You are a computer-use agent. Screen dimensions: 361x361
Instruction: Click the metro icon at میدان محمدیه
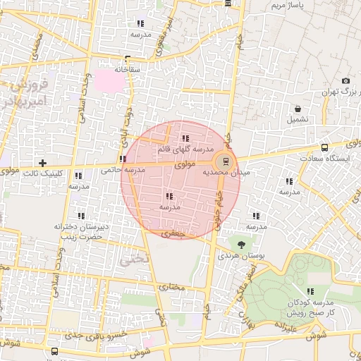(225, 160)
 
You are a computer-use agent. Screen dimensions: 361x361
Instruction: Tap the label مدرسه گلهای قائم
(185, 149)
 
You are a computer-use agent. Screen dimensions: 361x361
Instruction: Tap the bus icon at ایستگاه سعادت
(324, 148)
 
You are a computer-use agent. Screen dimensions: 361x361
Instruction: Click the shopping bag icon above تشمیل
(298, 109)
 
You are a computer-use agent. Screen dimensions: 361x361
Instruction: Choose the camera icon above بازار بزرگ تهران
(345, 81)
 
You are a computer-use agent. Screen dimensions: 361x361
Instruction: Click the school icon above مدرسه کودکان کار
(310, 290)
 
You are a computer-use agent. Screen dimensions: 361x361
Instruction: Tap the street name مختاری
(172, 287)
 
